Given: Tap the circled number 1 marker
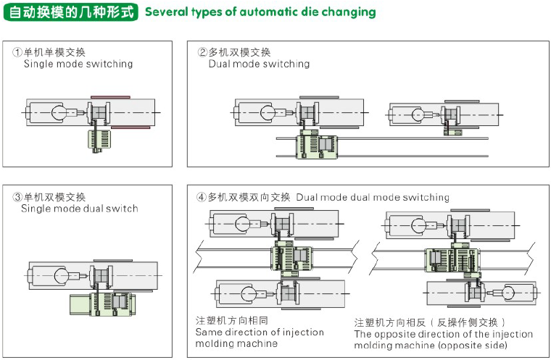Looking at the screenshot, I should (17, 52).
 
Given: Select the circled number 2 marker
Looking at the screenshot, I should (203, 52).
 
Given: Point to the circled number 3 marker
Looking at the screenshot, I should (17, 197).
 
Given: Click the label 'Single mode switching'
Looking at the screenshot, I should (78, 64).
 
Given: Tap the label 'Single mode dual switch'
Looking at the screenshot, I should (80, 209).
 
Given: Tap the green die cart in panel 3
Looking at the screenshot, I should (109, 305).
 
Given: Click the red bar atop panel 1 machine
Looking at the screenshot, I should (110, 96).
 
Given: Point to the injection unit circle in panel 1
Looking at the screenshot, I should (59, 112).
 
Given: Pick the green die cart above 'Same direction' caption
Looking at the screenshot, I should (291, 258).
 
